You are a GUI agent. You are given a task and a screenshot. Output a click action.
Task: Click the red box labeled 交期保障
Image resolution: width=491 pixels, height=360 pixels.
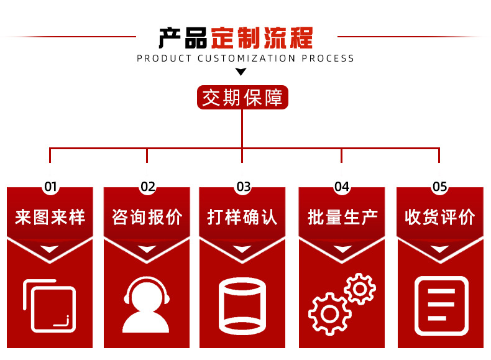click(242, 98)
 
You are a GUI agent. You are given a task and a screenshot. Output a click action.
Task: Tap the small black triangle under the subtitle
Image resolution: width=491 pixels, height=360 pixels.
click(241, 72)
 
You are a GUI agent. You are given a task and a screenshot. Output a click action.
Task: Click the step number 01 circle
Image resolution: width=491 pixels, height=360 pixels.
click(50, 187)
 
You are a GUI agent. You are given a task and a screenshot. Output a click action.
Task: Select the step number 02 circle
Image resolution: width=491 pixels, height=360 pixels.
click(147, 187)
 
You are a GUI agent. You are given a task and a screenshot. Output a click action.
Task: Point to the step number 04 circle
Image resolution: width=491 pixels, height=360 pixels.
click(341, 187)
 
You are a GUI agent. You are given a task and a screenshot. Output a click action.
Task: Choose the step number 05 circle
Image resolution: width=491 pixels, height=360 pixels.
click(439, 187)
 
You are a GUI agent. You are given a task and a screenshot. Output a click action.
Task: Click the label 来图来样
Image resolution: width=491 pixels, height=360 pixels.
click(50, 217)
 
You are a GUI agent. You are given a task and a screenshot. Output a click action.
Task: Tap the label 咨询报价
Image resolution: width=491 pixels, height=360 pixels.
click(147, 217)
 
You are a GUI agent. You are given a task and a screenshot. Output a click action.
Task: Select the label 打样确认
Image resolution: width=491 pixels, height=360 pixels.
click(242, 217)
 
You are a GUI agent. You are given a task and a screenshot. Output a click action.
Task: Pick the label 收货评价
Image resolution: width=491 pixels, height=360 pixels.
click(440, 217)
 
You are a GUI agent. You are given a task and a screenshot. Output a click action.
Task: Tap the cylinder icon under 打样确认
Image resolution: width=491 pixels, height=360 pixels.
click(242, 307)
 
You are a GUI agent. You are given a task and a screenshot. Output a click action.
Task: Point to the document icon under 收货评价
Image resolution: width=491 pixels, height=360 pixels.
click(441, 306)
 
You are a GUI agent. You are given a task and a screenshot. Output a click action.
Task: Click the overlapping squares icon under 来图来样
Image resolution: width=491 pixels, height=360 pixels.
click(49, 305)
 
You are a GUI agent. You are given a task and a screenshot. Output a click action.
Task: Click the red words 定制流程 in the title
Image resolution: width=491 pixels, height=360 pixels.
click(261, 38)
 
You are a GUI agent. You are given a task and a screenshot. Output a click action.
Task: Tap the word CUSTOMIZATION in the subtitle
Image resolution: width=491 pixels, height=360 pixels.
click(246, 58)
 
